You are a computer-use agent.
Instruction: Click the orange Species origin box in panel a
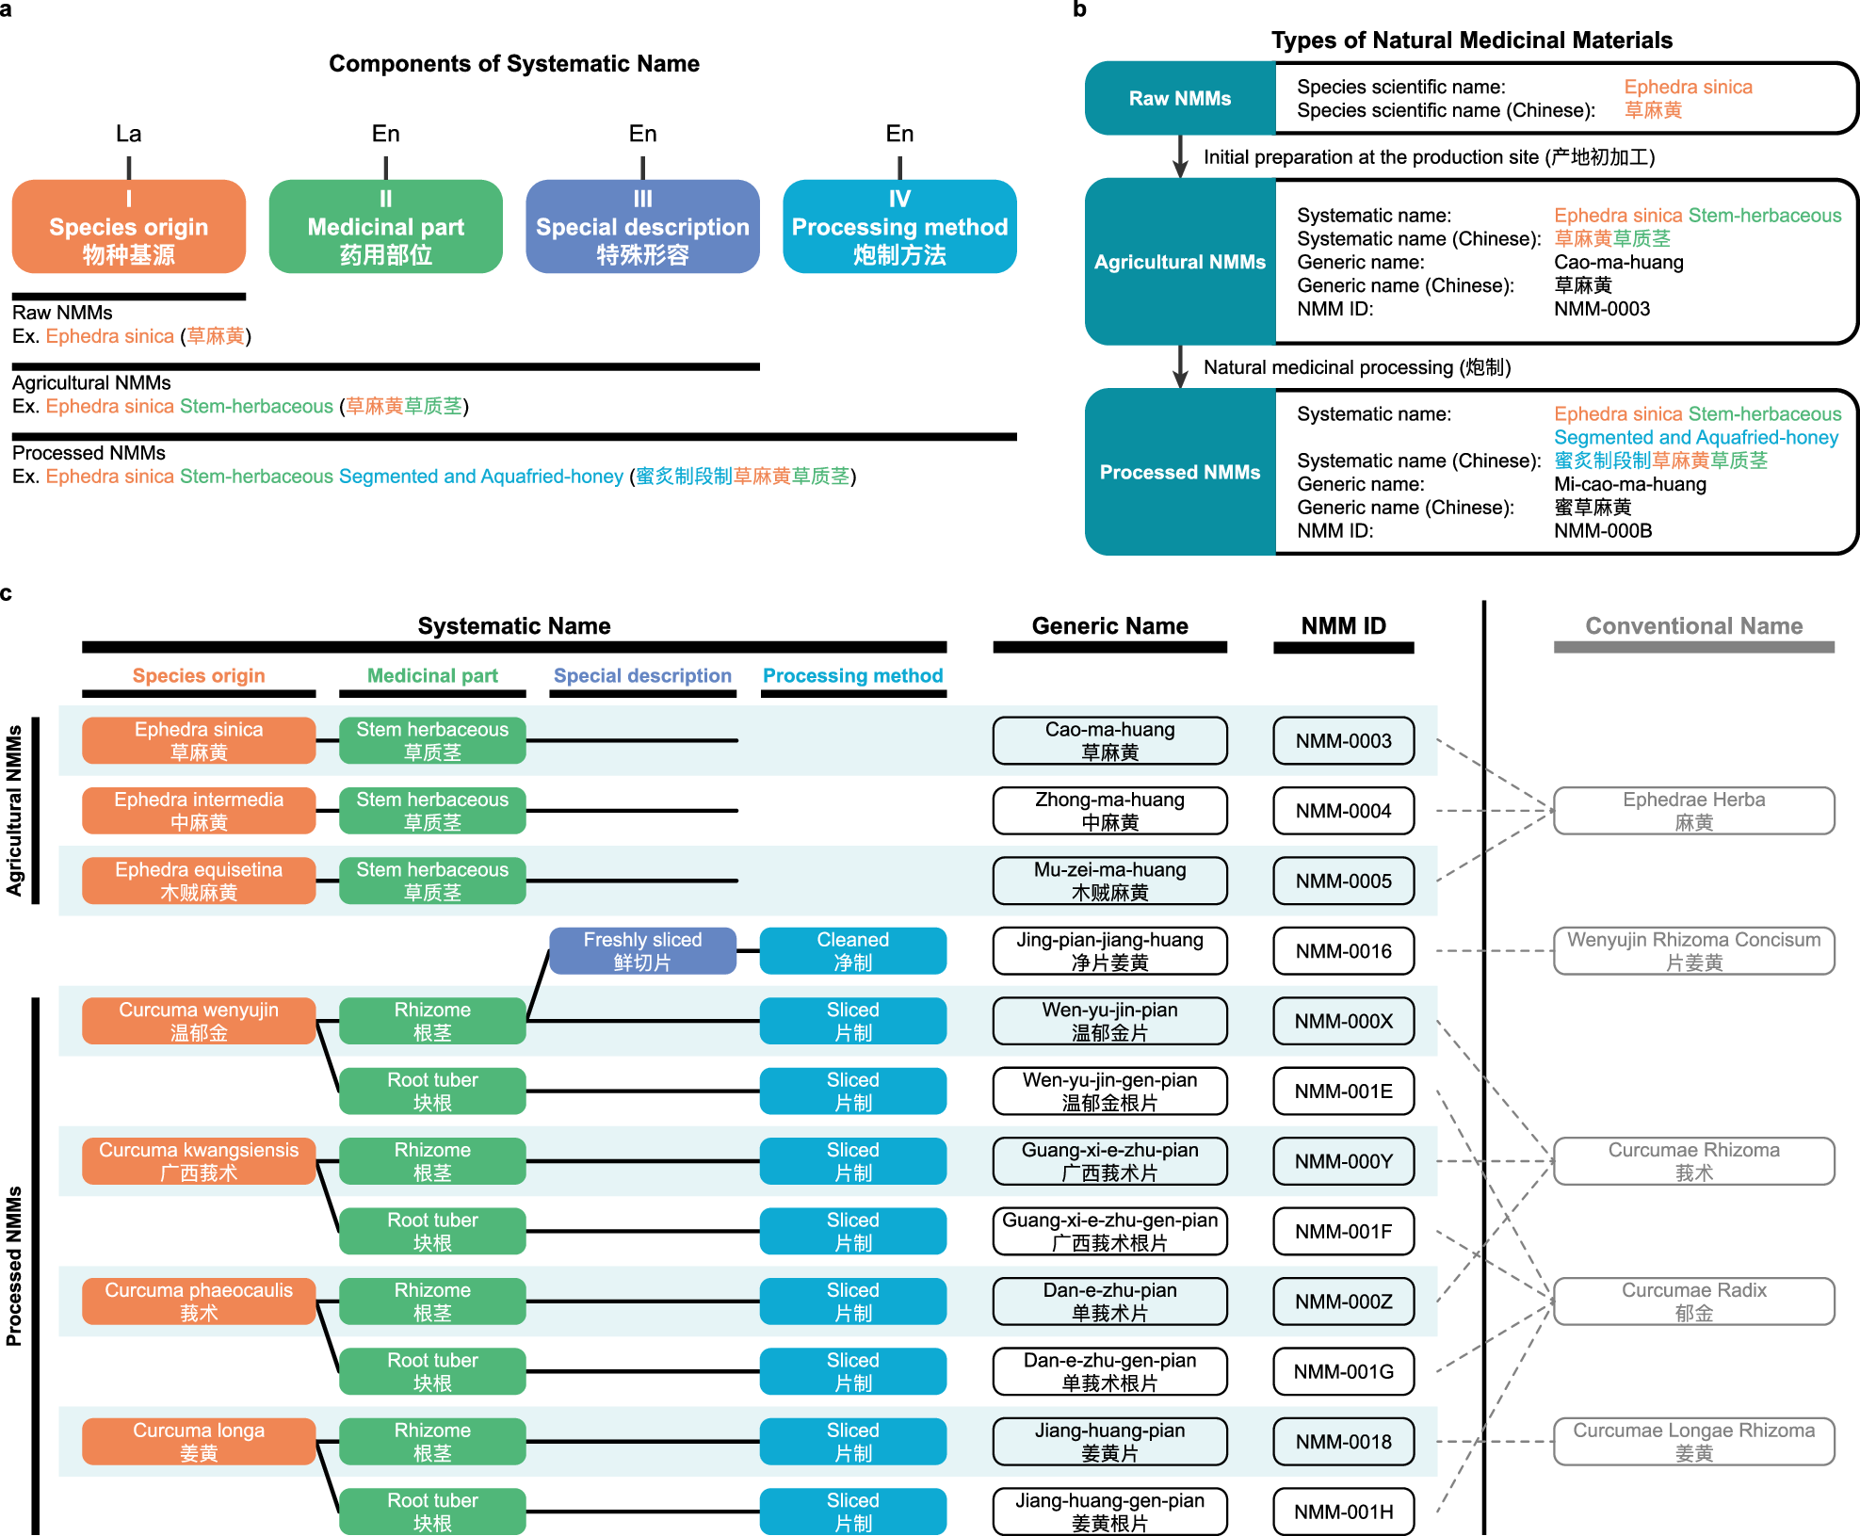pos(129,227)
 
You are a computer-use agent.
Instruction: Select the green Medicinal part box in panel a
pos(385,227)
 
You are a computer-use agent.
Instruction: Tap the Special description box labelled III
pos(642,227)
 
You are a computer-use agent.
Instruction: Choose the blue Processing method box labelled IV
pos(899,227)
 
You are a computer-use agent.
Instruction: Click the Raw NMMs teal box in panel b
pos(1179,98)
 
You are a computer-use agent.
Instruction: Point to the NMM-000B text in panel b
pos(1603,530)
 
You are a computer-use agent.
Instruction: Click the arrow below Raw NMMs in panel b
pos(1180,157)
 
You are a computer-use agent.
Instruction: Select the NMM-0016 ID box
pos(1343,951)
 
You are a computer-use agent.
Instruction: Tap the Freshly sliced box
pos(642,951)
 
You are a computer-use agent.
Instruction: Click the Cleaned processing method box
pos(852,951)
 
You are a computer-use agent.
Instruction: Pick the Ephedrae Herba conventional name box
pos(1693,811)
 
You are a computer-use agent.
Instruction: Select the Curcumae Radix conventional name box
pos(1693,1302)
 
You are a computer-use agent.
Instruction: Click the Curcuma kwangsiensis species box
pos(199,1161)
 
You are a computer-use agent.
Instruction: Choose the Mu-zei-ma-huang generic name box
pos(1109,881)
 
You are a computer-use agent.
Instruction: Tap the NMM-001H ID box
pos(1343,1512)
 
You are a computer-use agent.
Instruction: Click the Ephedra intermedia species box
pos(199,811)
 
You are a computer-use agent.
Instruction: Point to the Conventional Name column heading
pos(1693,626)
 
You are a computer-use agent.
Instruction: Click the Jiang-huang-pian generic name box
pos(1109,1442)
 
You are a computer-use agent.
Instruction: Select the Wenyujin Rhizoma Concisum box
pos(1693,951)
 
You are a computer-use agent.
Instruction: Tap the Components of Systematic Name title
pos(514,64)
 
